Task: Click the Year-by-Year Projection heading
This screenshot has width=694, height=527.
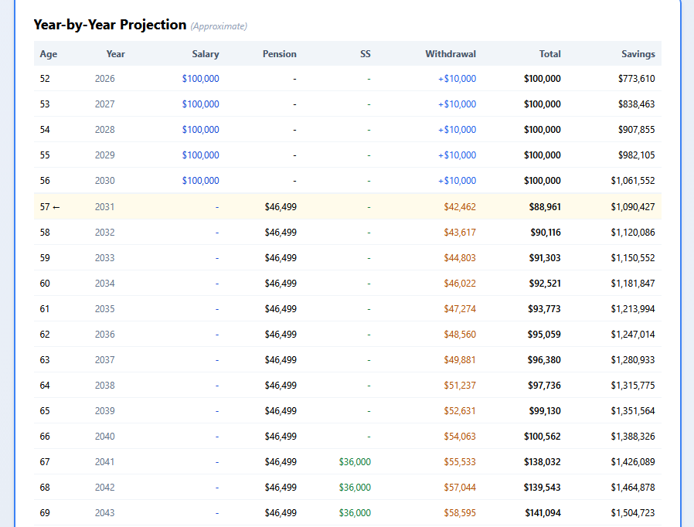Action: coord(110,25)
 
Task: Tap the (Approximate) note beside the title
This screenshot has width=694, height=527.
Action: coord(219,26)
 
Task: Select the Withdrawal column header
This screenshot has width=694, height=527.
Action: coord(450,54)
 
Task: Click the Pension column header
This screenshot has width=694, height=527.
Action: coord(279,54)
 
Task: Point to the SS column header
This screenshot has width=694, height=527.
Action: coord(365,54)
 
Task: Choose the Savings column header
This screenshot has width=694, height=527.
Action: coord(638,54)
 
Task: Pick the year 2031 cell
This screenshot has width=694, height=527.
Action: coord(104,207)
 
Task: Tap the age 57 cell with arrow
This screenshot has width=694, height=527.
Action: coord(49,207)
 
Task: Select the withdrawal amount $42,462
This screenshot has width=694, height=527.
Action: coord(460,207)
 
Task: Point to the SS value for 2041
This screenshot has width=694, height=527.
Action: coord(355,462)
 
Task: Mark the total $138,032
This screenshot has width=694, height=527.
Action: coord(542,462)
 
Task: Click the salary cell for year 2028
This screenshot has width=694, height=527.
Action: coord(200,130)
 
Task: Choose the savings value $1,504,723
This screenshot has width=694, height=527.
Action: coord(632,513)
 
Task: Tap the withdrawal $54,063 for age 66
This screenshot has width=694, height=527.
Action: coord(460,437)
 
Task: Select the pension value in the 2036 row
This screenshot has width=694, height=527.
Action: coord(280,335)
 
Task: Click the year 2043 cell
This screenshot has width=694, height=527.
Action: coord(104,513)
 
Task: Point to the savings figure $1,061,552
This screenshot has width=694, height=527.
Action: coord(632,181)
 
